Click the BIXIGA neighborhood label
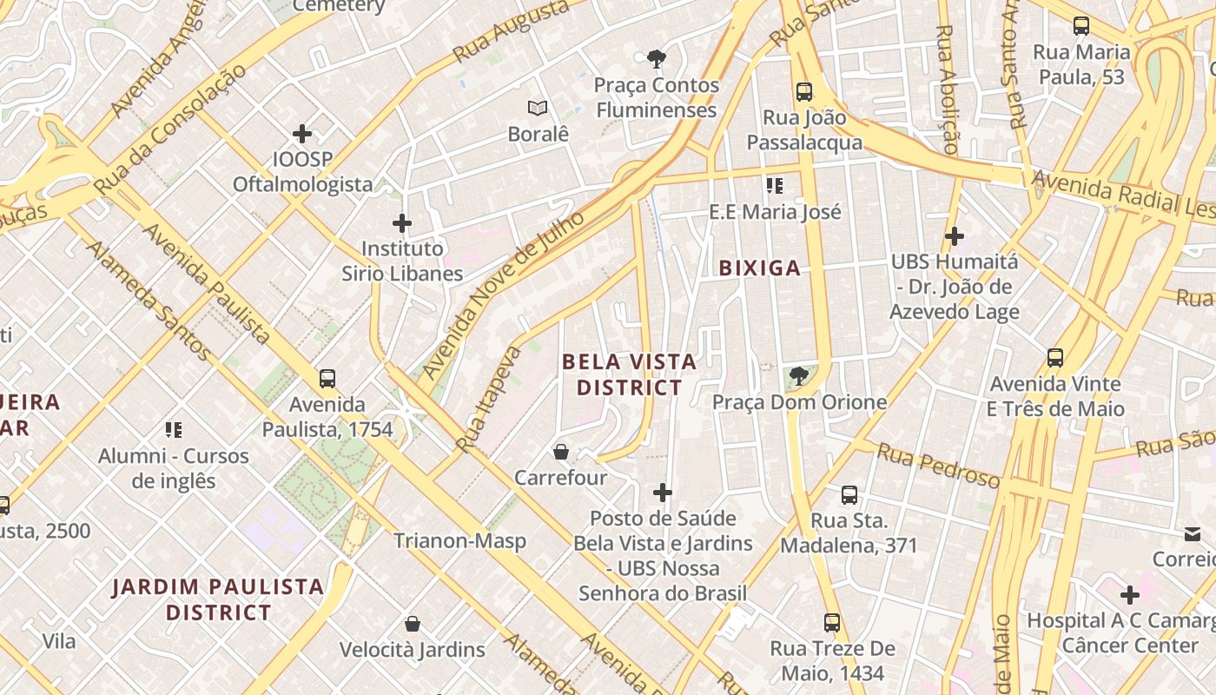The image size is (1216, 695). [760, 268]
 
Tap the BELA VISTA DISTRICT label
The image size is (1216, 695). [630, 374]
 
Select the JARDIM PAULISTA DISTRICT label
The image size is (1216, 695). [218, 599]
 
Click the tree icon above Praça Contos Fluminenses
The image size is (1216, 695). [657, 59]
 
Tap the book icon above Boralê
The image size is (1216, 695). [538, 109]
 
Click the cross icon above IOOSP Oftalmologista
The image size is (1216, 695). [302, 134]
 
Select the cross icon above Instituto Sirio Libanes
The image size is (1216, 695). [401, 223]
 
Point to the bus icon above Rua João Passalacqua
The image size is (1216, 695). [804, 91]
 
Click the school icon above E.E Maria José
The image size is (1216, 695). [775, 186]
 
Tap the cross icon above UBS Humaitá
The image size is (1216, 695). [955, 235]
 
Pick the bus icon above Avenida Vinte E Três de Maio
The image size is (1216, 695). [1055, 357]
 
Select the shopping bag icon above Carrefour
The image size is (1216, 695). [561, 452]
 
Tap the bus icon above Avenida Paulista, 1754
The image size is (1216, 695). [327, 379]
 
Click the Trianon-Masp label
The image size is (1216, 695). [459, 541]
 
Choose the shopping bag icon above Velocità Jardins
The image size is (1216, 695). [413, 624]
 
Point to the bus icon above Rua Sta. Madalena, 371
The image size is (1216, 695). [849, 495]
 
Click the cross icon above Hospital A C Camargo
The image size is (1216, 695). [1129, 595]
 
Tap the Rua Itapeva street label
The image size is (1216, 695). [489, 400]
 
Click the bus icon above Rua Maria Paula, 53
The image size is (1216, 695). [1081, 26]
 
